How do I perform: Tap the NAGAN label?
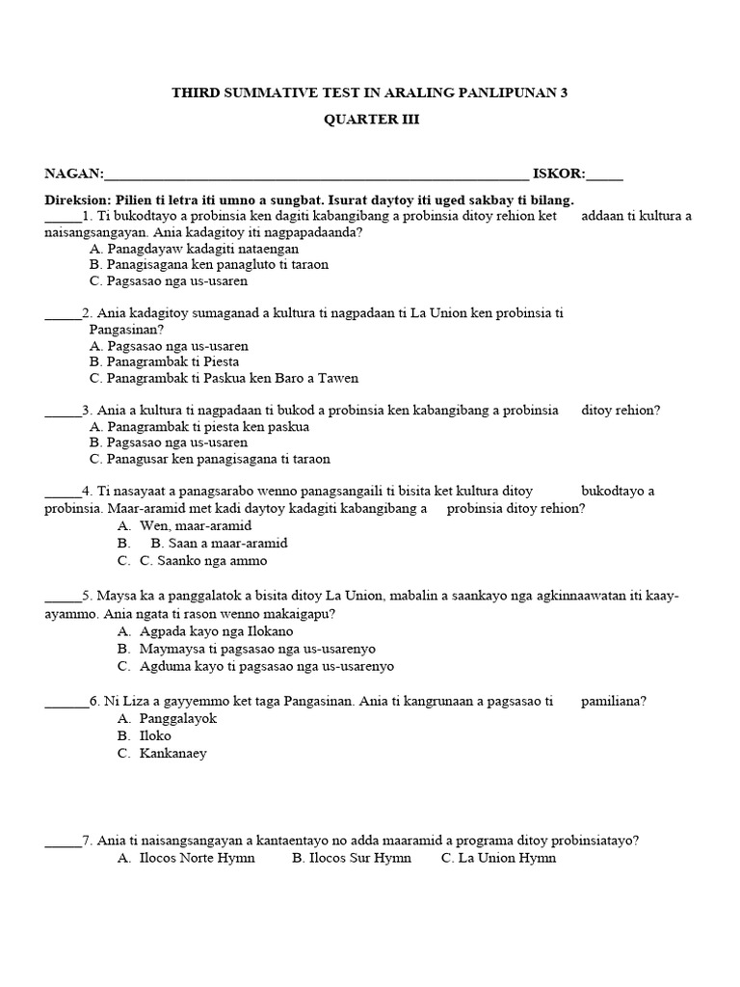73,173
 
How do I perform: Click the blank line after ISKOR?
604,175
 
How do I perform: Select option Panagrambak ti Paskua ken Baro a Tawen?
223,379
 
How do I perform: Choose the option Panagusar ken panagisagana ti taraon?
209,460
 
